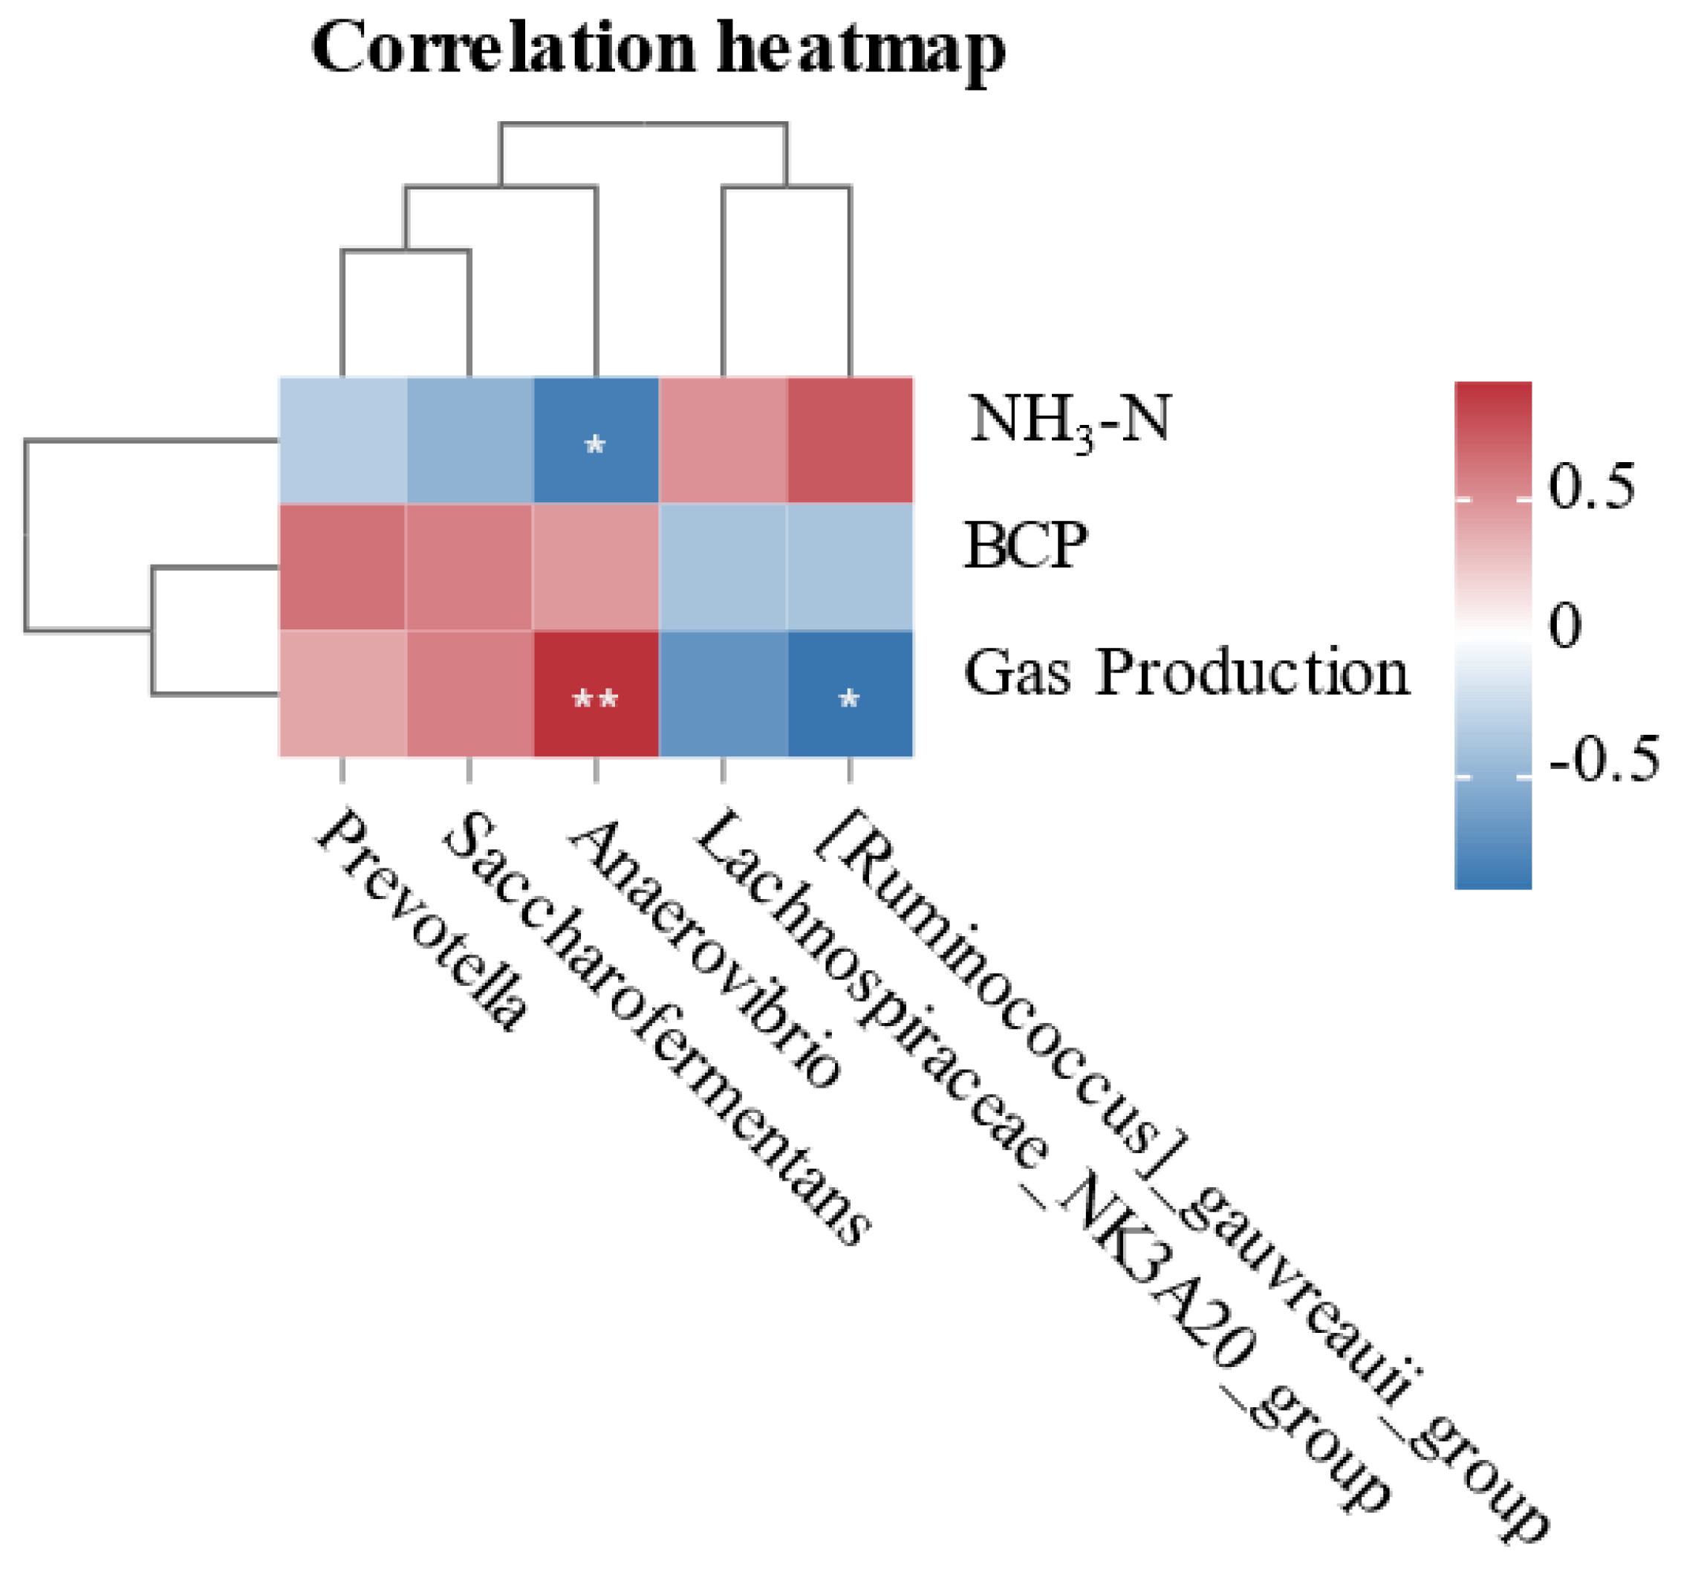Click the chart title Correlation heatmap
click(659, 49)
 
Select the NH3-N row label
click(1070, 421)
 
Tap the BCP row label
click(1026, 545)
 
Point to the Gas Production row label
click(1187, 673)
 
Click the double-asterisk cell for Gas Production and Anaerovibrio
click(596, 695)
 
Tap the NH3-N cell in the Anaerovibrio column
click(596, 440)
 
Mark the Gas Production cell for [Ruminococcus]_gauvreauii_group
click(850, 695)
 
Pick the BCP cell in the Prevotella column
click(342, 568)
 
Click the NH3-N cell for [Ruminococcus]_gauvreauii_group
click(850, 440)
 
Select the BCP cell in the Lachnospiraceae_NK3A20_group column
click(723, 568)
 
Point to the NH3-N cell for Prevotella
click(342, 440)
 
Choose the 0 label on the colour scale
click(1565, 626)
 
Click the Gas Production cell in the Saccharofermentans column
click(469, 695)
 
